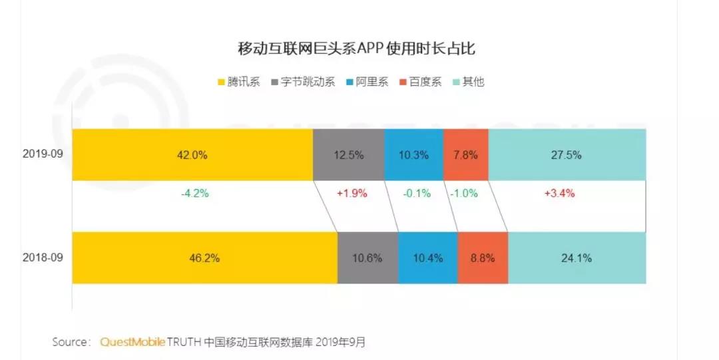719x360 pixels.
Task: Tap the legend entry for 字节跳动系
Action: click(x=303, y=83)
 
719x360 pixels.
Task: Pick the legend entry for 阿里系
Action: click(x=366, y=83)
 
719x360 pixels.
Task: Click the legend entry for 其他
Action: click(x=469, y=83)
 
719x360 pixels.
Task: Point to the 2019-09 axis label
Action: click(x=42, y=154)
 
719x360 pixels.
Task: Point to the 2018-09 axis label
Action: click(x=42, y=258)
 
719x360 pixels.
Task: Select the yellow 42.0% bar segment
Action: click(x=192, y=155)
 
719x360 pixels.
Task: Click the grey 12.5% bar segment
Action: click(x=348, y=155)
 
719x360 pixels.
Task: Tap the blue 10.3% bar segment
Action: click(x=413, y=155)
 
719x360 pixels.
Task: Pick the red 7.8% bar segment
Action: click(x=465, y=155)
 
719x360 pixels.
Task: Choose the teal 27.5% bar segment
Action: click(x=567, y=155)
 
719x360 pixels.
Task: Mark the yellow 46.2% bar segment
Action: click(x=204, y=258)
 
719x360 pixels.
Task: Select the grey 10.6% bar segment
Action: click(x=367, y=258)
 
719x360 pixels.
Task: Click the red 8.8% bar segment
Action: click(x=483, y=258)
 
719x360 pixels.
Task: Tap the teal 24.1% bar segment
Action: click(x=577, y=258)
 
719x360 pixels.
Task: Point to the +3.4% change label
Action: click(x=559, y=194)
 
